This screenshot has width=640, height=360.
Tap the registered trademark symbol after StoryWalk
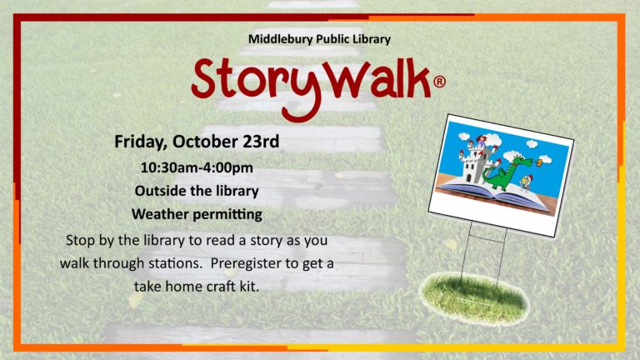coord(439,82)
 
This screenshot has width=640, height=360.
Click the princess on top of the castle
coord(482,141)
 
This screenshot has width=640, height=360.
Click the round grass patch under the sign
coord(474,299)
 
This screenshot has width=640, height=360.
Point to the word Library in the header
coord(372,40)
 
